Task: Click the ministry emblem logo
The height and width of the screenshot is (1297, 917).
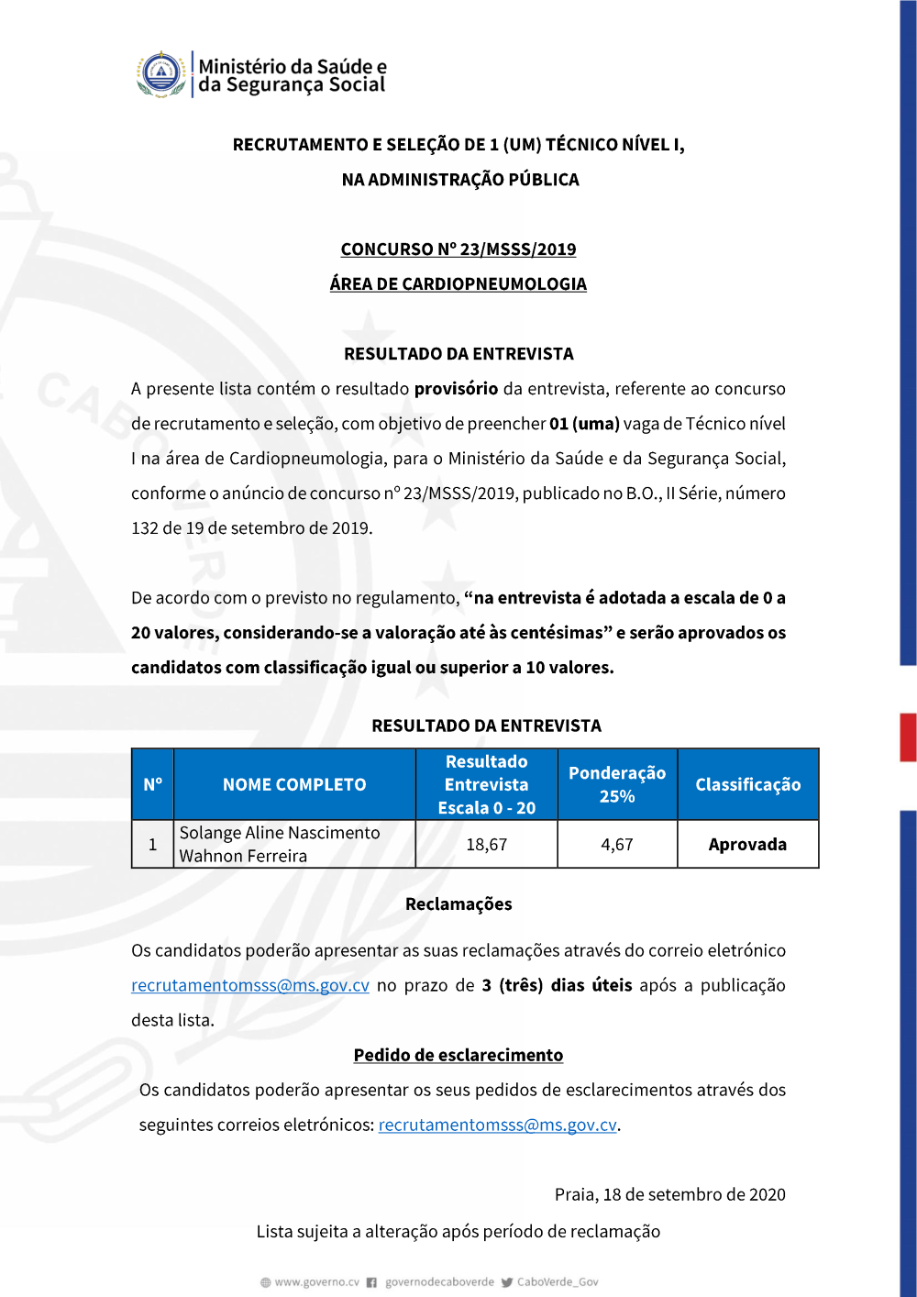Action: (161, 74)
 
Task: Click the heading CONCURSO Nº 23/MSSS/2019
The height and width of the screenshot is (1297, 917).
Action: (458, 249)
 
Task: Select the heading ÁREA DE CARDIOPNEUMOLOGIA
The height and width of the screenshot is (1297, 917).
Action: (458, 284)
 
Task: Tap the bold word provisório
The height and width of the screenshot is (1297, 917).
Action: (456, 389)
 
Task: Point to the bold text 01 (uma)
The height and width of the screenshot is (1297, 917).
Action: (584, 424)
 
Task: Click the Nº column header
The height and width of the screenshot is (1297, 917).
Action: (152, 785)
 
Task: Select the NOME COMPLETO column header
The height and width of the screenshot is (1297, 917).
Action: (294, 785)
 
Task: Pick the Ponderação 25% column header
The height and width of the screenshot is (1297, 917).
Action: (617, 785)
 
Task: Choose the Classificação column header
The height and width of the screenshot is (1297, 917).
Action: (747, 785)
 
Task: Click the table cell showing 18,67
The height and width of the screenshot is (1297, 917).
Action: (486, 845)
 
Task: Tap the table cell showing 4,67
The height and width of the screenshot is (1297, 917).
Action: (617, 845)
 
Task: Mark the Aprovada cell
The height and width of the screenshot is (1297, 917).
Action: (747, 845)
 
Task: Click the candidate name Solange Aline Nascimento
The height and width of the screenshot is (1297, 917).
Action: (280, 833)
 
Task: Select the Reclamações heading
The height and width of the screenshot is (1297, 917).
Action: (458, 904)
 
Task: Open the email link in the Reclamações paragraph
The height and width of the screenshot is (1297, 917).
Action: (250, 986)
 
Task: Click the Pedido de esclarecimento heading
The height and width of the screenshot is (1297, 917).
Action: (458, 1056)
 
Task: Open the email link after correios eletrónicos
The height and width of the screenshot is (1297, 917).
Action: (497, 1125)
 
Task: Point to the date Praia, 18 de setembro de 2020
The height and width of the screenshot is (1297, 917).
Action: (669, 1195)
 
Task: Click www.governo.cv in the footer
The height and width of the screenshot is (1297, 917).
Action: (316, 1282)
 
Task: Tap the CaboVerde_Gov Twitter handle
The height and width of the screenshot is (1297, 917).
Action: (557, 1282)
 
